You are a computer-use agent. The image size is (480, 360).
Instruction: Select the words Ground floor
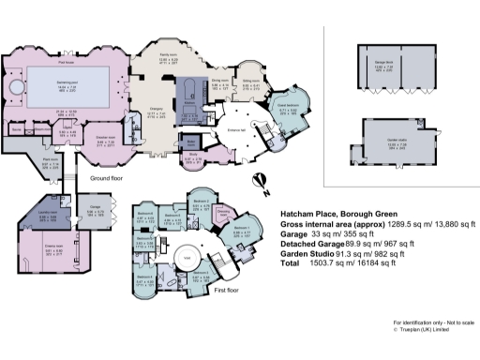109,177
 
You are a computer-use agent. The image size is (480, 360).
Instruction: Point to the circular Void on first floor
187,256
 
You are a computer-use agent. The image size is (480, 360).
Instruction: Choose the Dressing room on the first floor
225,214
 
